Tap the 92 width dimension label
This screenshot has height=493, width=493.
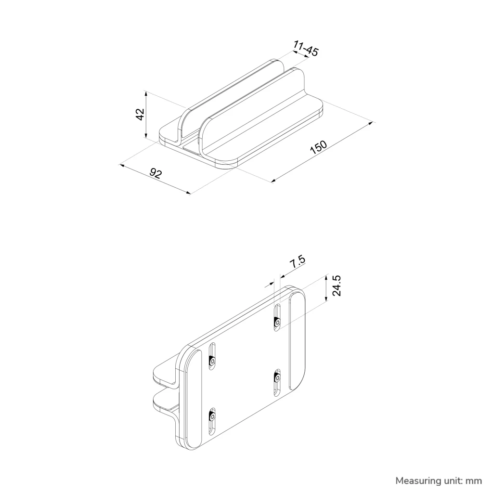[156, 173]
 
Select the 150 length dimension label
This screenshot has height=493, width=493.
[319, 147]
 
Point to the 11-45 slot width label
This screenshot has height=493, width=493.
[306, 48]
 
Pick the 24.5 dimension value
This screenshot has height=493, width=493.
[337, 285]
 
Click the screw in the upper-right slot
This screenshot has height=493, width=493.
[277, 322]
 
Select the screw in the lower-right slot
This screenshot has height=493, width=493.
[277, 377]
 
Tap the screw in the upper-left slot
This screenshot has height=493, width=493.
[212, 361]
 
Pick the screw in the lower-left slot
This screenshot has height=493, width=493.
[212, 416]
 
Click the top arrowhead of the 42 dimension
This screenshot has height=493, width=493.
[145, 93]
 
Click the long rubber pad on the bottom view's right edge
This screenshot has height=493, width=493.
[297, 340]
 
